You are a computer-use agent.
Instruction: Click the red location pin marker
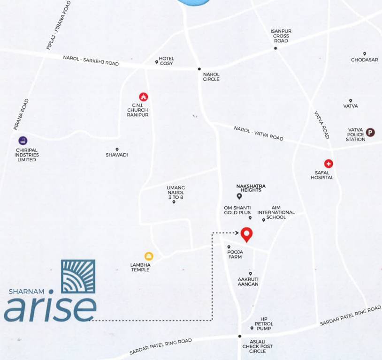246,234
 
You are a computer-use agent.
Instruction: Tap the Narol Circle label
211,76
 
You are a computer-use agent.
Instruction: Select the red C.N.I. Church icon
144,97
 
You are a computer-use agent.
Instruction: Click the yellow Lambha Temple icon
149,256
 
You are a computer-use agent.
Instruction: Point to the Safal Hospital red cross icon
329,164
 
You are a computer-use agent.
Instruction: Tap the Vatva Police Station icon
370,132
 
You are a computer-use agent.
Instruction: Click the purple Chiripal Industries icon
23,140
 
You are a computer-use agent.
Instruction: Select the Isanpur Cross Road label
281,36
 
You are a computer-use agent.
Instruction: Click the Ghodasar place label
364,60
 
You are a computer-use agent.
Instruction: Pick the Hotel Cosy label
167,61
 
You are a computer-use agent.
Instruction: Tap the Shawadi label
117,155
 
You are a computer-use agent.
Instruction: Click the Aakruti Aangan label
248,281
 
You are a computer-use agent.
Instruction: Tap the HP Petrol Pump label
264,324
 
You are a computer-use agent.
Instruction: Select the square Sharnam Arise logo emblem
78,277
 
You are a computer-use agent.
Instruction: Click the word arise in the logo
50,307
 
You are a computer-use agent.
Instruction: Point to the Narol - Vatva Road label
259,133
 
